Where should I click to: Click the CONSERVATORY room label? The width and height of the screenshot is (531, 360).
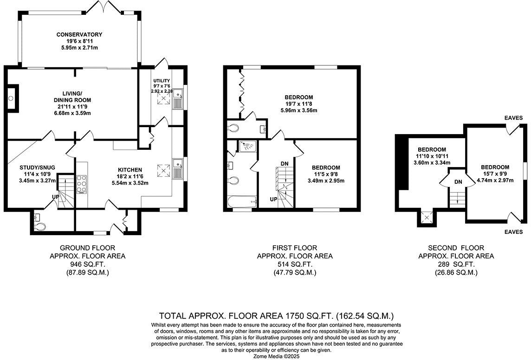coord(79,35)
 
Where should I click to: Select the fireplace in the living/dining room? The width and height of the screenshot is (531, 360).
coord(12,98)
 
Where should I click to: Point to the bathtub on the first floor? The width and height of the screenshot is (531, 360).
coord(241,201)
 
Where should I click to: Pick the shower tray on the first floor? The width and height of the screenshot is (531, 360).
coord(247,146)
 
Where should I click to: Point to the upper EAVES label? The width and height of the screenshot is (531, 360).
coord(513,118)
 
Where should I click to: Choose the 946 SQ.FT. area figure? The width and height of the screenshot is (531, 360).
coord(87,264)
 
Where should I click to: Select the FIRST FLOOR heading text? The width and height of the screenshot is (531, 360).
coord(295,248)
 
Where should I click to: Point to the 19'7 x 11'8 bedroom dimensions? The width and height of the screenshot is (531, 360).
coord(299,104)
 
